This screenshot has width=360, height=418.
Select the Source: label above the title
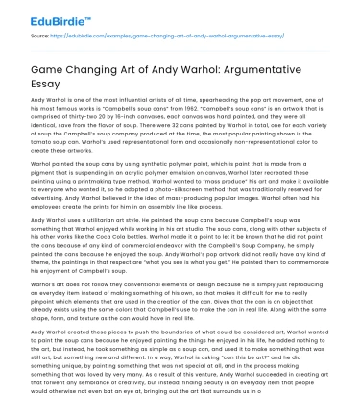tap(40, 32)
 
